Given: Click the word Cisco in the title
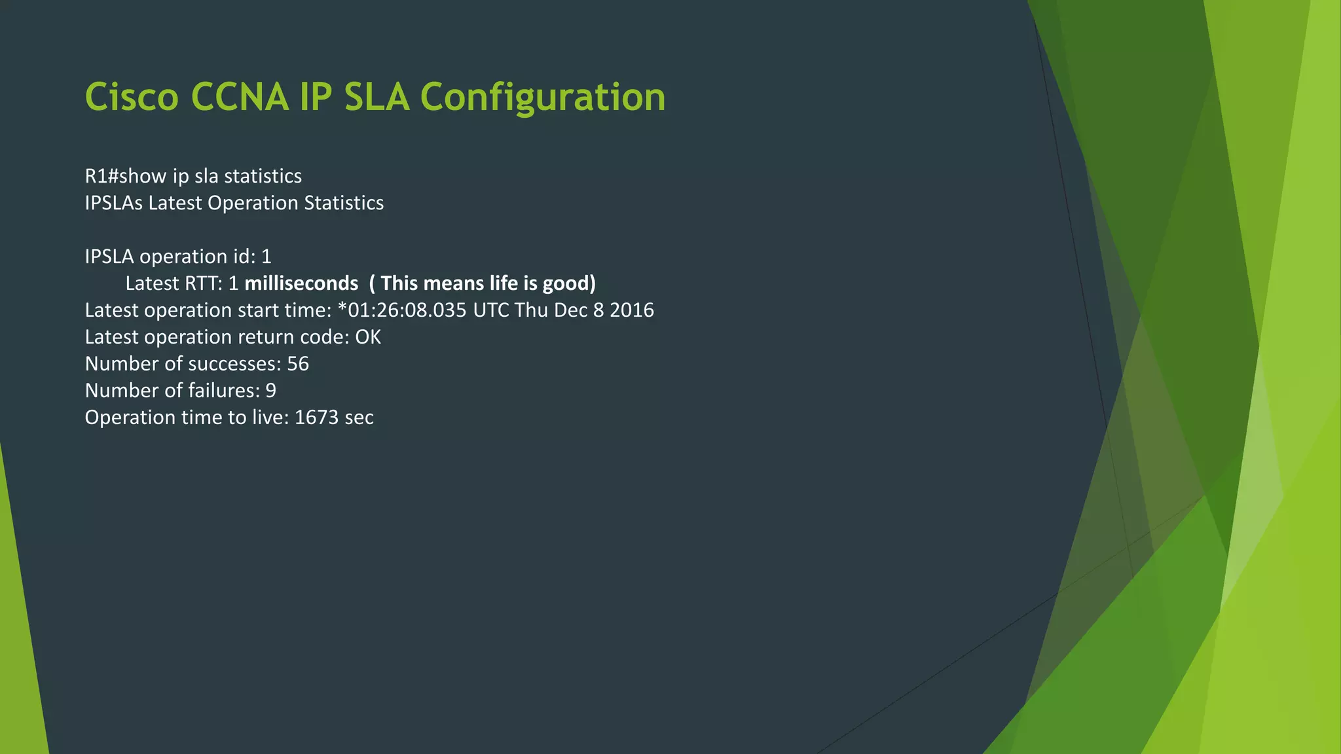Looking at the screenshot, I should [x=132, y=97].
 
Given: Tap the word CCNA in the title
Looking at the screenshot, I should [x=240, y=97].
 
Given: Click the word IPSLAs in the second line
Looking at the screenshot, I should [x=113, y=203].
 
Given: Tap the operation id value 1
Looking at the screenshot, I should [x=266, y=257].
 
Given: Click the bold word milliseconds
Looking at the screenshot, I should [x=301, y=283].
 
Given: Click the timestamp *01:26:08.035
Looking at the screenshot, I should [x=401, y=310].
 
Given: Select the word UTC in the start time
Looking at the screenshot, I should [x=490, y=310].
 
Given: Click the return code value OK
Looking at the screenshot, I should [x=367, y=337].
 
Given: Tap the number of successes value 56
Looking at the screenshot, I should [x=297, y=364].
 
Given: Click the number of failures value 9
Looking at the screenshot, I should [x=270, y=391].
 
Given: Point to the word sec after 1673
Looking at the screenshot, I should [x=359, y=418].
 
